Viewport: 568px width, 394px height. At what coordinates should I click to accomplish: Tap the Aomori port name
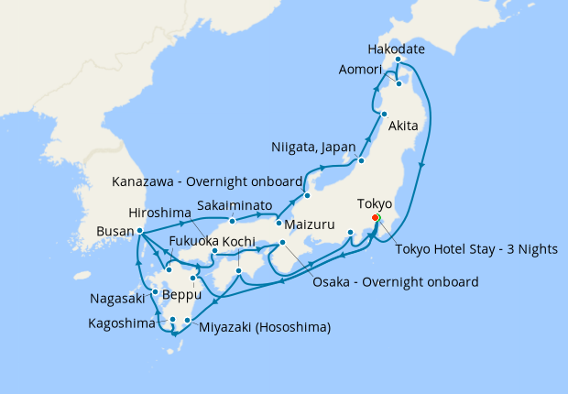click(x=366, y=69)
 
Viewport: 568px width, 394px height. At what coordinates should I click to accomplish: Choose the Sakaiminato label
click(x=238, y=207)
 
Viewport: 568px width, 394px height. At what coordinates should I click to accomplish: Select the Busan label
click(x=113, y=232)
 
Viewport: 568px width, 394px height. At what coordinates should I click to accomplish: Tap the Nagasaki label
click(x=116, y=299)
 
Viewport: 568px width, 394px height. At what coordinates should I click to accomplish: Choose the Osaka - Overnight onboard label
click(x=394, y=282)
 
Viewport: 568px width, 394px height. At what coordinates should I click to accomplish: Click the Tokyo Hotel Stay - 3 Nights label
click(x=476, y=249)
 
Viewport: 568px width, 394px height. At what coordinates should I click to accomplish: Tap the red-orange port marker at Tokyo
click(x=376, y=218)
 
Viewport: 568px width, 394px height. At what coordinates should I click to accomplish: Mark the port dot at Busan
click(x=139, y=231)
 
